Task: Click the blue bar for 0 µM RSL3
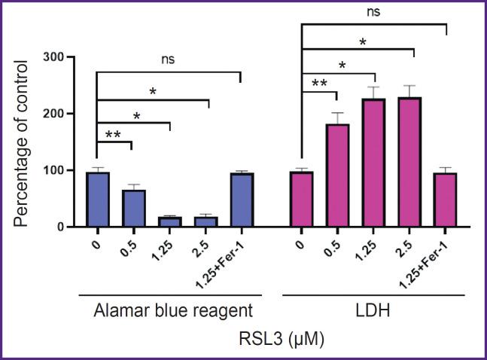tap(98, 200)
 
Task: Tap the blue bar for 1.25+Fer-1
tap(242, 200)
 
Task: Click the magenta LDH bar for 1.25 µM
tap(374, 163)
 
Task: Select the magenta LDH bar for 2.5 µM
tap(409, 162)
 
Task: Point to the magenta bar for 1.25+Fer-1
tap(446, 200)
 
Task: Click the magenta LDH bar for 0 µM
tap(301, 199)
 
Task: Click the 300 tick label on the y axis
tap(64, 57)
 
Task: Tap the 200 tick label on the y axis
tap(64, 114)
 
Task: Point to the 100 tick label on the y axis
tap(64, 170)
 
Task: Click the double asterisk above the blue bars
tap(114, 133)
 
